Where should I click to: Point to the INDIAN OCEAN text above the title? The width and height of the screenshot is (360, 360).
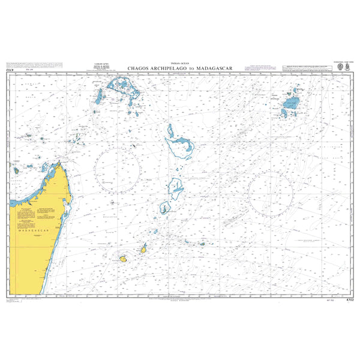180,63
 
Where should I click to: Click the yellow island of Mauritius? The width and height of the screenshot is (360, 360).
144,248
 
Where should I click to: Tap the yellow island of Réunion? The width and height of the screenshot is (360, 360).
122,259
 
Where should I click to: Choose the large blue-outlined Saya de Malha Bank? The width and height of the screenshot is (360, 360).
179,143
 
